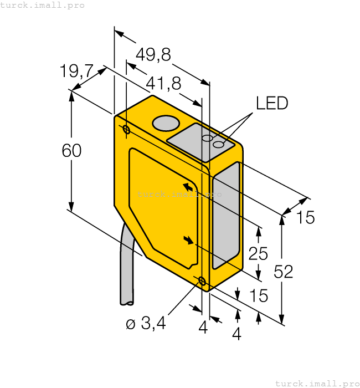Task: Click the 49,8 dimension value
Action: (x=153, y=55)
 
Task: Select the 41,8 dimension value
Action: (x=163, y=84)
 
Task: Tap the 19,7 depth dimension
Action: (x=76, y=72)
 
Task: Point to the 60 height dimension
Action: (x=71, y=150)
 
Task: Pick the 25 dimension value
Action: (x=258, y=253)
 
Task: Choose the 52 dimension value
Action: (x=284, y=272)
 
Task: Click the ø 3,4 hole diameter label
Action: (x=146, y=324)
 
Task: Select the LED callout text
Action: (x=271, y=103)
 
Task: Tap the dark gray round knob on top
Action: (x=166, y=123)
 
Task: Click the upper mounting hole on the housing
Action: (x=127, y=130)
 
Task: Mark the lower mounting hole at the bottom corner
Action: (x=202, y=281)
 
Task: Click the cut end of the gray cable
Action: (x=127, y=303)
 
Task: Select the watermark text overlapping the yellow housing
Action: (x=179, y=194)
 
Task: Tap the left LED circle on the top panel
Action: (x=207, y=138)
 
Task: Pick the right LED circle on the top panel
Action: (x=219, y=145)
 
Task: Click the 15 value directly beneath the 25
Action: (x=258, y=295)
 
